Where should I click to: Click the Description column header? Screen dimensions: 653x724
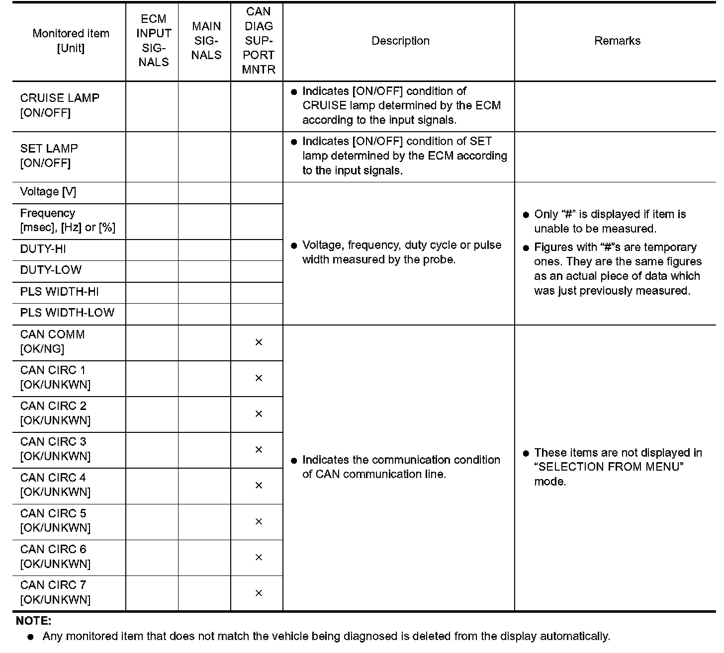(400, 41)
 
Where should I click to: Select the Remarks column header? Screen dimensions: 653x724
(617, 41)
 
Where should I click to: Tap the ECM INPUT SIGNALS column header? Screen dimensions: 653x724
(153, 41)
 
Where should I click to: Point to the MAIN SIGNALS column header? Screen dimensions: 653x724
(206, 41)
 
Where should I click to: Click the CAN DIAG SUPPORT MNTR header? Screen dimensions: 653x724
(258, 41)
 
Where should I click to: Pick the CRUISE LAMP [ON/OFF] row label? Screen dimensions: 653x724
(60, 105)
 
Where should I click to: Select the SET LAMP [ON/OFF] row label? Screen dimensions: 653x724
(49, 156)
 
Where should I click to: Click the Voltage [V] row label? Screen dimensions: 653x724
(48, 192)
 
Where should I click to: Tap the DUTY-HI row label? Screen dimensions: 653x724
(43, 249)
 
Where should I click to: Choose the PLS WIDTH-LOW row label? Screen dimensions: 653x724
(67, 313)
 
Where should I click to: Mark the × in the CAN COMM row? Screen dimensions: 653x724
(259, 342)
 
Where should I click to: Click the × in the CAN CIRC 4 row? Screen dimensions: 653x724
(259, 486)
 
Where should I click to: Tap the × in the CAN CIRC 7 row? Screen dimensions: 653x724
(259, 593)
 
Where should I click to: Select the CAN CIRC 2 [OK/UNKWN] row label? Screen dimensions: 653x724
(55, 413)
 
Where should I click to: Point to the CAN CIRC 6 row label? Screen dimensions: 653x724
(55, 556)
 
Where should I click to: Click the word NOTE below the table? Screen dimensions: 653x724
(34, 621)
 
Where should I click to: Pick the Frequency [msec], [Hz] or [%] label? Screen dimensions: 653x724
(67, 220)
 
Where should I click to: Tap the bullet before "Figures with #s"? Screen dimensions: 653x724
(526, 248)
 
